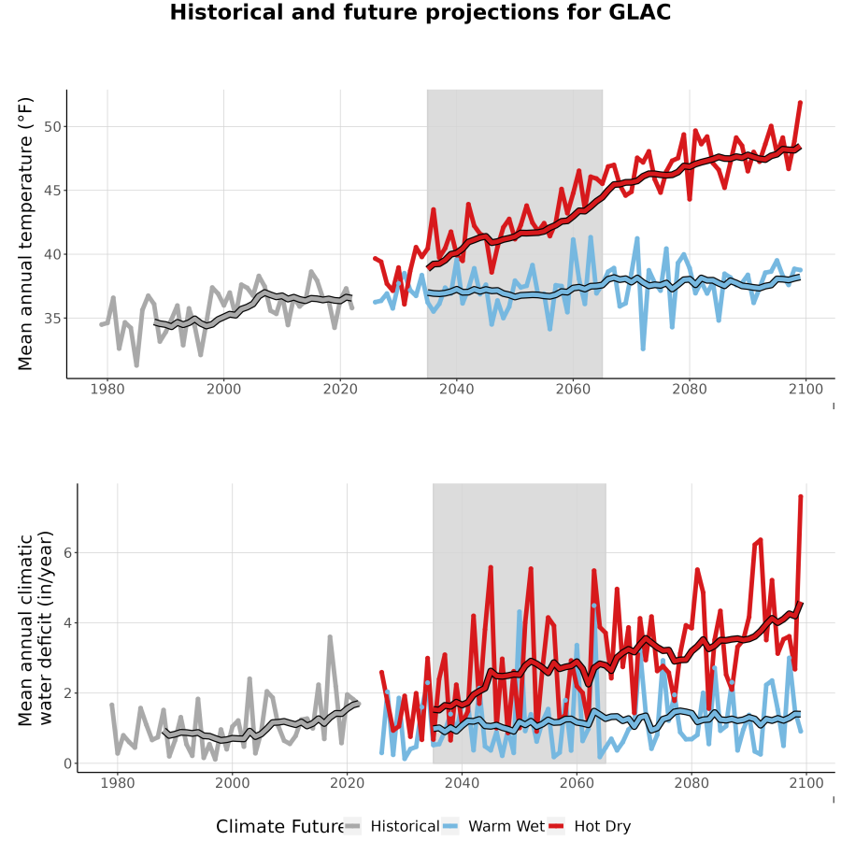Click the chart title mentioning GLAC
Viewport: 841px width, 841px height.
tap(420, 12)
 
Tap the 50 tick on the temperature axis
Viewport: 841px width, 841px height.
tap(52, 127)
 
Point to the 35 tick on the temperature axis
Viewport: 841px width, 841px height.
tap(52, 319)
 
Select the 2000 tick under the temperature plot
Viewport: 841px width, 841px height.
tap(223, 389)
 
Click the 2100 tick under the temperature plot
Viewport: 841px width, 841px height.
tap(805, 389)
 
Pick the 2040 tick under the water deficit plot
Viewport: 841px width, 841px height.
tap(462, 783)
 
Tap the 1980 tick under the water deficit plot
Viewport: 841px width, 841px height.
tap(118, 783)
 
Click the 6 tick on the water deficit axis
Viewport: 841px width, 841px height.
tap(67, 553)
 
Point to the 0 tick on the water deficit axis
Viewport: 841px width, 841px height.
tap(67, 763)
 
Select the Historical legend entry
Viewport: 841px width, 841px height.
tap(392, 826)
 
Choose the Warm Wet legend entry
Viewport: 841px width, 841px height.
tap(493, 826)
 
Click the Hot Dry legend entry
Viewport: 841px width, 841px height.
tap(589, 826)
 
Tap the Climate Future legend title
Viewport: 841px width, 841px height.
tap(279, 827)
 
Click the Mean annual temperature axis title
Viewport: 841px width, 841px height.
tap(25, 234)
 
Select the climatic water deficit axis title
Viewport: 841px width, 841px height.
tap(36, 628)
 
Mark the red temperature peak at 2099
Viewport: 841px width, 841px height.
tap(800, 103)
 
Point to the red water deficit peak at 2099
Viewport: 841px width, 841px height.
tap(801, 497)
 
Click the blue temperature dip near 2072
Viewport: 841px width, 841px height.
tap(643, 349)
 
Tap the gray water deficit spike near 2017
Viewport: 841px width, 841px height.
tap(330, 636)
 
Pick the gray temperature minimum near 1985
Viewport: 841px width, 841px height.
tap(136, 365)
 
